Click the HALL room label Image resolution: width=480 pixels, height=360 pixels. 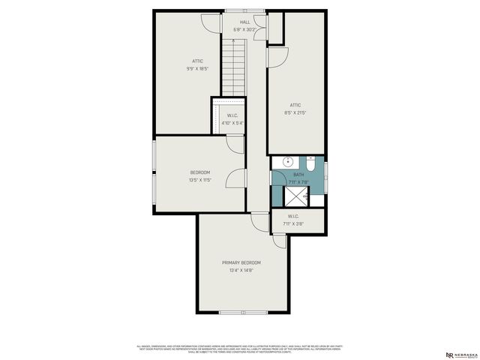pyautogui.click(x=244, y=22)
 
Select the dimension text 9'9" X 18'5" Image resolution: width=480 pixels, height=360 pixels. pyautogui.click(x=197, y=68)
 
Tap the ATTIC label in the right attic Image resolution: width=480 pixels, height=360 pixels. pyautogui.click(x=296, y=105)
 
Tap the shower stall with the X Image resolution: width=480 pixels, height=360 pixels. pyautogui.click(x=296, y=196)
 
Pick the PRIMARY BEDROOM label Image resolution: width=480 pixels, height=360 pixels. pyautogui.click(x=241, y=262)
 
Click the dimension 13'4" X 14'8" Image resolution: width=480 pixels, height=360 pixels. pyautogui.click(x=241, y=271)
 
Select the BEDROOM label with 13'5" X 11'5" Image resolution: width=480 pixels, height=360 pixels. pyautogui.click(x=199, y=172)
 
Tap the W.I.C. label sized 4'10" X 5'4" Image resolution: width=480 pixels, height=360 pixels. pyautogui.click(x=232, y=115)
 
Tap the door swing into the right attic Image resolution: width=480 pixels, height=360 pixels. pyautogui.click(x=277, y=55)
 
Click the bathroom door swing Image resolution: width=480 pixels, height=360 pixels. pyautogui.click(x=279, y=178)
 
